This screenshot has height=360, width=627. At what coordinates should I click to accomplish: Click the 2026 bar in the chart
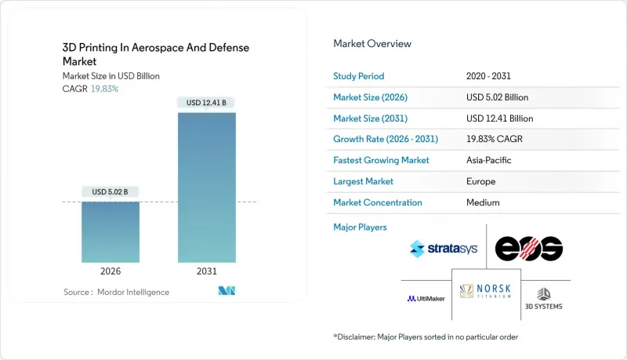pos(111,231)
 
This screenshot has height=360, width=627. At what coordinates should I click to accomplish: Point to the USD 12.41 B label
pos(207,103)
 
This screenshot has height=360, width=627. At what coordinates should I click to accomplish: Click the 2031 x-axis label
pos(207,271)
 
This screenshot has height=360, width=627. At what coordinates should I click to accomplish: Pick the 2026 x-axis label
pos(111,271)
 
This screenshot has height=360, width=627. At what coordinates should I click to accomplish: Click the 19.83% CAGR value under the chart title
pos(104,89)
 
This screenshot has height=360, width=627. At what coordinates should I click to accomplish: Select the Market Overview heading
pos(372,43)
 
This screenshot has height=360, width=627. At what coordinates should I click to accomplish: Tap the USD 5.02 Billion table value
pos(497,97)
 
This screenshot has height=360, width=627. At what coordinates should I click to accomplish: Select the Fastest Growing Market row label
pos(381,160)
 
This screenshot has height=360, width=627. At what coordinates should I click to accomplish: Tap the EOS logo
pos(529,249)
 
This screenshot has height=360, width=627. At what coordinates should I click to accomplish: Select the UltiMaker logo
pos(426,298)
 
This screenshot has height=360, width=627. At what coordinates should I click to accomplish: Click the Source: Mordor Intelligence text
pos(116,292)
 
